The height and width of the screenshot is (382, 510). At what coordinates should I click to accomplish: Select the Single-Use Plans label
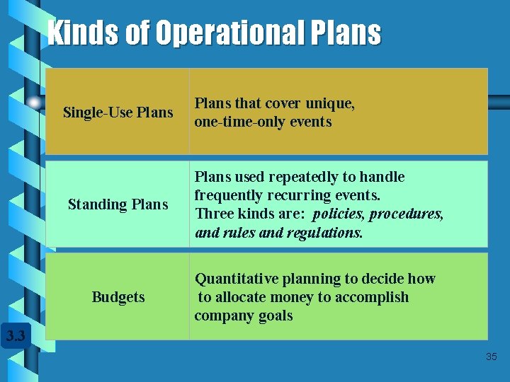[118, 112]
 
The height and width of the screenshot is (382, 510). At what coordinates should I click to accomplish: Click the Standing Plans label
[118, 204]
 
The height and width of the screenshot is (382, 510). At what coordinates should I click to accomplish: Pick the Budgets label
[118, 297]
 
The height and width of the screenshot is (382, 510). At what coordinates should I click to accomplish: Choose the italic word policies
[337, 214]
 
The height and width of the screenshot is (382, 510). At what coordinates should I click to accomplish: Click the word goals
[274, 316]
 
